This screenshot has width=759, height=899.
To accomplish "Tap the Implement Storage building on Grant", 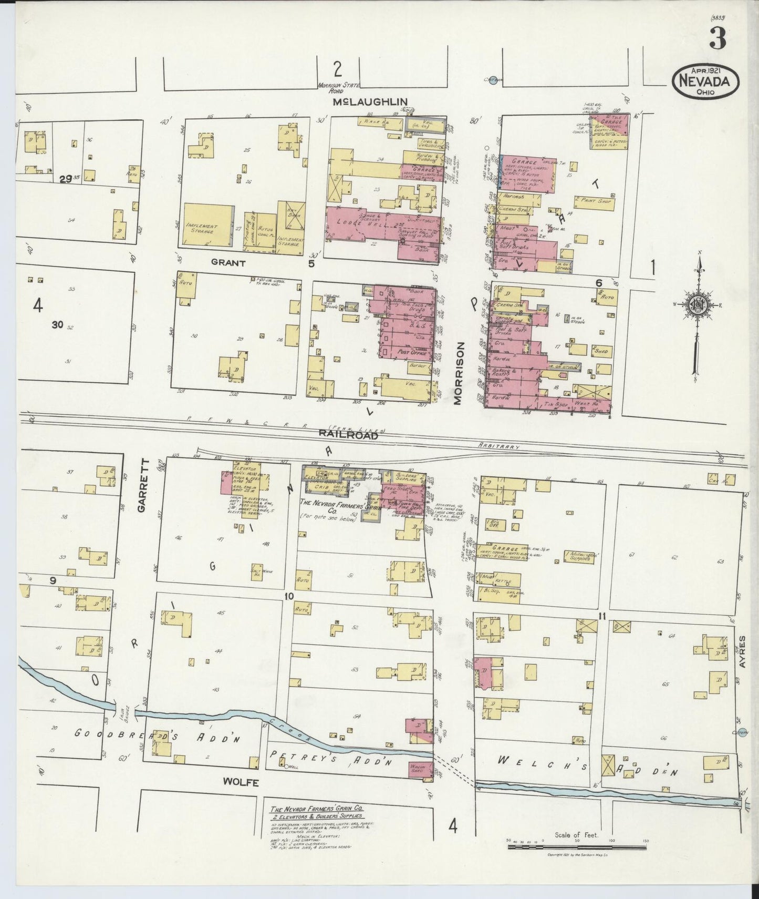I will (209, 226).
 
